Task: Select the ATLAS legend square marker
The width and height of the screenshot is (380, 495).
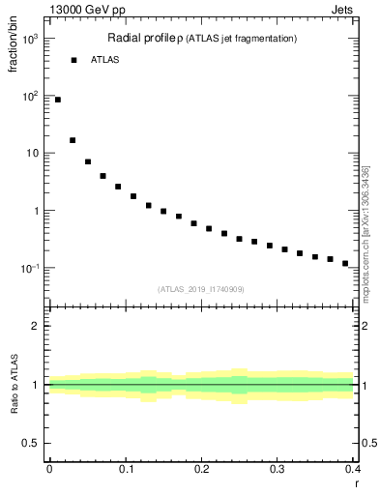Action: pos(73,60)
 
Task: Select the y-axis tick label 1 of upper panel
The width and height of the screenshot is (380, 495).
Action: pos(36,211)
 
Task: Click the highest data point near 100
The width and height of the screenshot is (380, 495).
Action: pos(58,100)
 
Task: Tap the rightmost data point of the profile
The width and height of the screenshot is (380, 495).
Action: pos(345,263)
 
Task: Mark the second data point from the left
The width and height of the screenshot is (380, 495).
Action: pos(73,140)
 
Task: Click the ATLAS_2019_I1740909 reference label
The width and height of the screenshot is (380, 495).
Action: pos(200,289)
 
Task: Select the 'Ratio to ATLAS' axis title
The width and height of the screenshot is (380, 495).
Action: pos(13,384)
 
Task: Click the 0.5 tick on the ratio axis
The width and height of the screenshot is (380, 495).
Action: pos(31,444)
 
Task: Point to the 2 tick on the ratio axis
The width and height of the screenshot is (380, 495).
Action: pos(36,326)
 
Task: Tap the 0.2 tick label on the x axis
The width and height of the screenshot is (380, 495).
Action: pos(201,469)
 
